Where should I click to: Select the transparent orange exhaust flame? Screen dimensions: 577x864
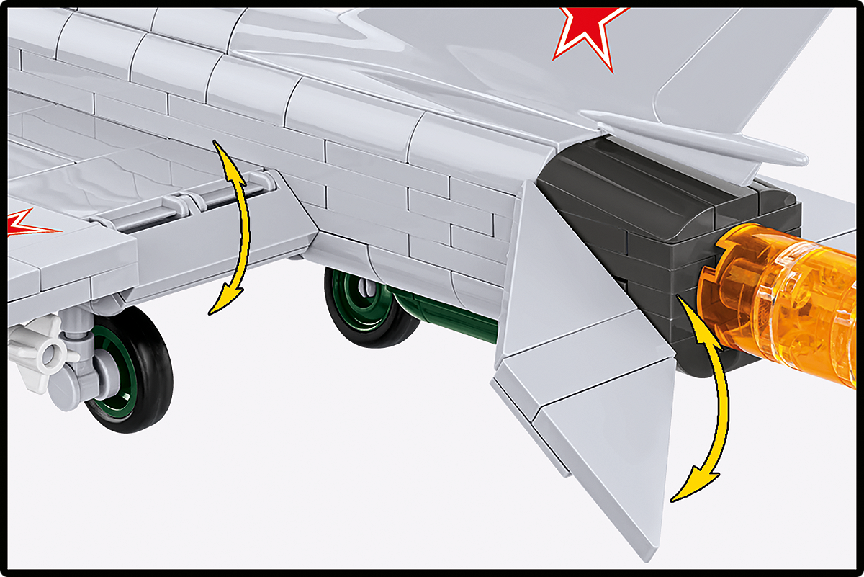pyautogui.click(x=785, y=295)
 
